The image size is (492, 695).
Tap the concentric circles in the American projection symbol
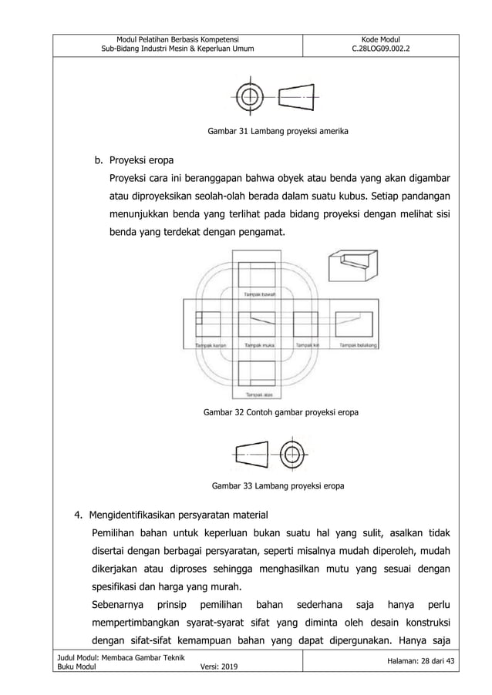[x=248, y=98]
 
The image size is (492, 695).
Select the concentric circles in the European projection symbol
[x=291, y=453]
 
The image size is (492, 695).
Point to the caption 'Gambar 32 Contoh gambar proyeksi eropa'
[x=280, y=412]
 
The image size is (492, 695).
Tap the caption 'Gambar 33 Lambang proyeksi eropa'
[x=278, y=486]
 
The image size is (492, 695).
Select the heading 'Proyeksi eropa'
[x=141, y=160]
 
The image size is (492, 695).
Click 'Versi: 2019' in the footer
[x=219, y=687]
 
